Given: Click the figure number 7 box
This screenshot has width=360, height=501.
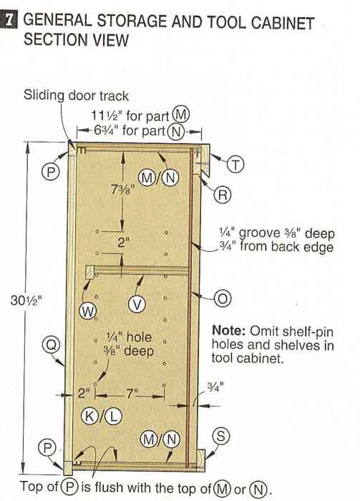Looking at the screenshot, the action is point(9,19).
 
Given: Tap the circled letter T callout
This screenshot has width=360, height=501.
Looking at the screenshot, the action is point(235,165).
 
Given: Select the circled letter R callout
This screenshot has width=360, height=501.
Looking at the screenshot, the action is point(223,194).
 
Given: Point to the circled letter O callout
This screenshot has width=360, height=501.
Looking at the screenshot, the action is point(223,298).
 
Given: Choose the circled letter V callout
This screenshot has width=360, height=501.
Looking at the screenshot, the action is point(137,304).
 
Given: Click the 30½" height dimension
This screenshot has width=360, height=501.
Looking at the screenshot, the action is point(26,301).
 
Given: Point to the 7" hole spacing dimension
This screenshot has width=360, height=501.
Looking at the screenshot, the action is point(131,394).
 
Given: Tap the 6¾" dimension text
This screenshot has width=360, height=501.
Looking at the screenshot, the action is point(107,130).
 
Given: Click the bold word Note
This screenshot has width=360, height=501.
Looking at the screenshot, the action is point(228,330).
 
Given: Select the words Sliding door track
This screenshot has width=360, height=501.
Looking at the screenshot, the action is point(76,95).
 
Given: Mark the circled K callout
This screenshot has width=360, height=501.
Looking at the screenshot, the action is point(89,417).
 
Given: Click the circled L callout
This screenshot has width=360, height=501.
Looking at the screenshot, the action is point(113,417).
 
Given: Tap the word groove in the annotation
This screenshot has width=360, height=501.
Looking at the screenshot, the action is point(259,233).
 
